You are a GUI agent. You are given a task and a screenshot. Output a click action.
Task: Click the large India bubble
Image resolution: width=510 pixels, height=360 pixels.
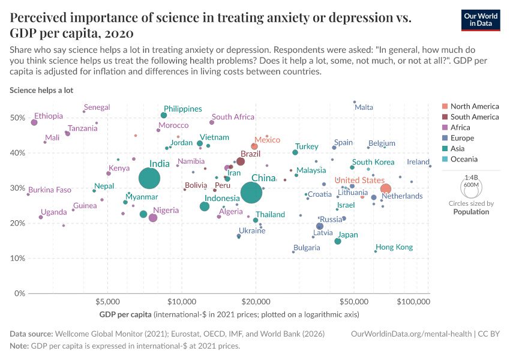(x=149, y=178)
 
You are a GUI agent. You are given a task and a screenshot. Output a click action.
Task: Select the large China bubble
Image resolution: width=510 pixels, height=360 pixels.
(x=252, y=192)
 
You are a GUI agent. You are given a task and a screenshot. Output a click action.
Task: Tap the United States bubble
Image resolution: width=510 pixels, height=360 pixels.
(x=386, y=189)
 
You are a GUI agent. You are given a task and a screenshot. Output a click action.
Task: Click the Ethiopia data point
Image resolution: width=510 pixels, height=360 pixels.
(x=34, y=122)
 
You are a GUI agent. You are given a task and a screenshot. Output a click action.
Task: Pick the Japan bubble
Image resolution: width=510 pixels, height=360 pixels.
(x=338, y=241)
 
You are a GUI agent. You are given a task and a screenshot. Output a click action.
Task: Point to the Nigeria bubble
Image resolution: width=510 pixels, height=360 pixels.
(x=153, y=218)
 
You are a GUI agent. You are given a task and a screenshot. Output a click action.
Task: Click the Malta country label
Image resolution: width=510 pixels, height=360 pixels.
(x=364, y=107)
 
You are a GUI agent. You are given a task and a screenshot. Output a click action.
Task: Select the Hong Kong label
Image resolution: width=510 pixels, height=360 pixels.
(x=394, y=247)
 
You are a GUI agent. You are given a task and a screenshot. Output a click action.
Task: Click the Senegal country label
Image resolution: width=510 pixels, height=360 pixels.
(x=97, y=107)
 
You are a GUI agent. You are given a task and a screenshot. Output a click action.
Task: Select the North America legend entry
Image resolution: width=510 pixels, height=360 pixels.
(x=474, y=106)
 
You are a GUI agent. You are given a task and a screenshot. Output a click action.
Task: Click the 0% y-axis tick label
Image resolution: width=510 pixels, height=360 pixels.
(x=19, y=293)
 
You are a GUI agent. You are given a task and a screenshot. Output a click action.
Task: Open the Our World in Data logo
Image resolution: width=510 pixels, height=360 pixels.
(x=481, y=19)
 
